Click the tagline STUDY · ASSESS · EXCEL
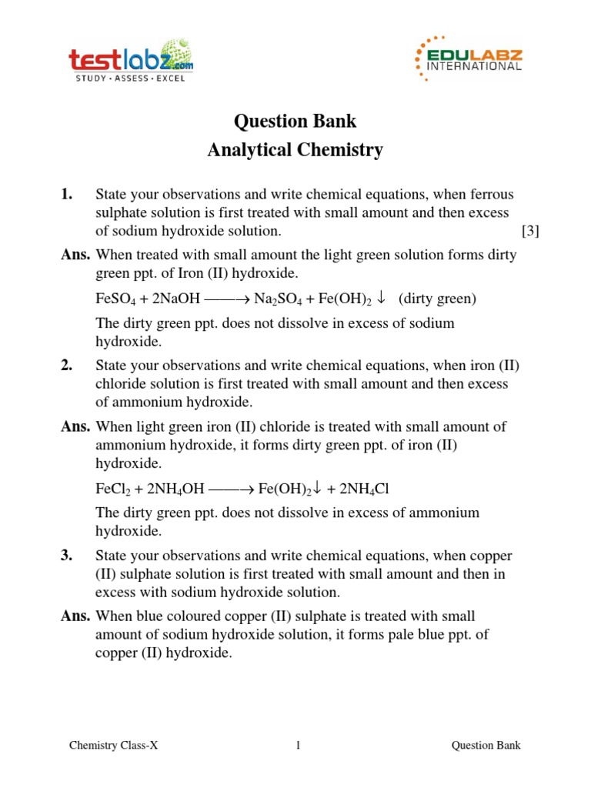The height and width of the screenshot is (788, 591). [x=129, y=78]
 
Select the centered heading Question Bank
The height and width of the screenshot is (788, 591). [x=295, y=122]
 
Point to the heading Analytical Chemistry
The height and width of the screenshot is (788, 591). [x=295, y=150]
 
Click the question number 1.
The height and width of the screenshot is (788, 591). [x=66, y=195]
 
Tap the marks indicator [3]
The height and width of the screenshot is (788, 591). [x=530, y=232]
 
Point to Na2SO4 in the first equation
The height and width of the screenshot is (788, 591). [x=279, y=300]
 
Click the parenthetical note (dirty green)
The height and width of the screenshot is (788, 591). [x=438, y=300]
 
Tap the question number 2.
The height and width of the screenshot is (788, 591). [x=66, y=366]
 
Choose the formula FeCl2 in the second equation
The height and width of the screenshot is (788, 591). [x=112, y=489]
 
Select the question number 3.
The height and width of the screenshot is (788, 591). [x=66, y=556]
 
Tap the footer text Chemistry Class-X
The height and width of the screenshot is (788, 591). [x=113, y=745]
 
